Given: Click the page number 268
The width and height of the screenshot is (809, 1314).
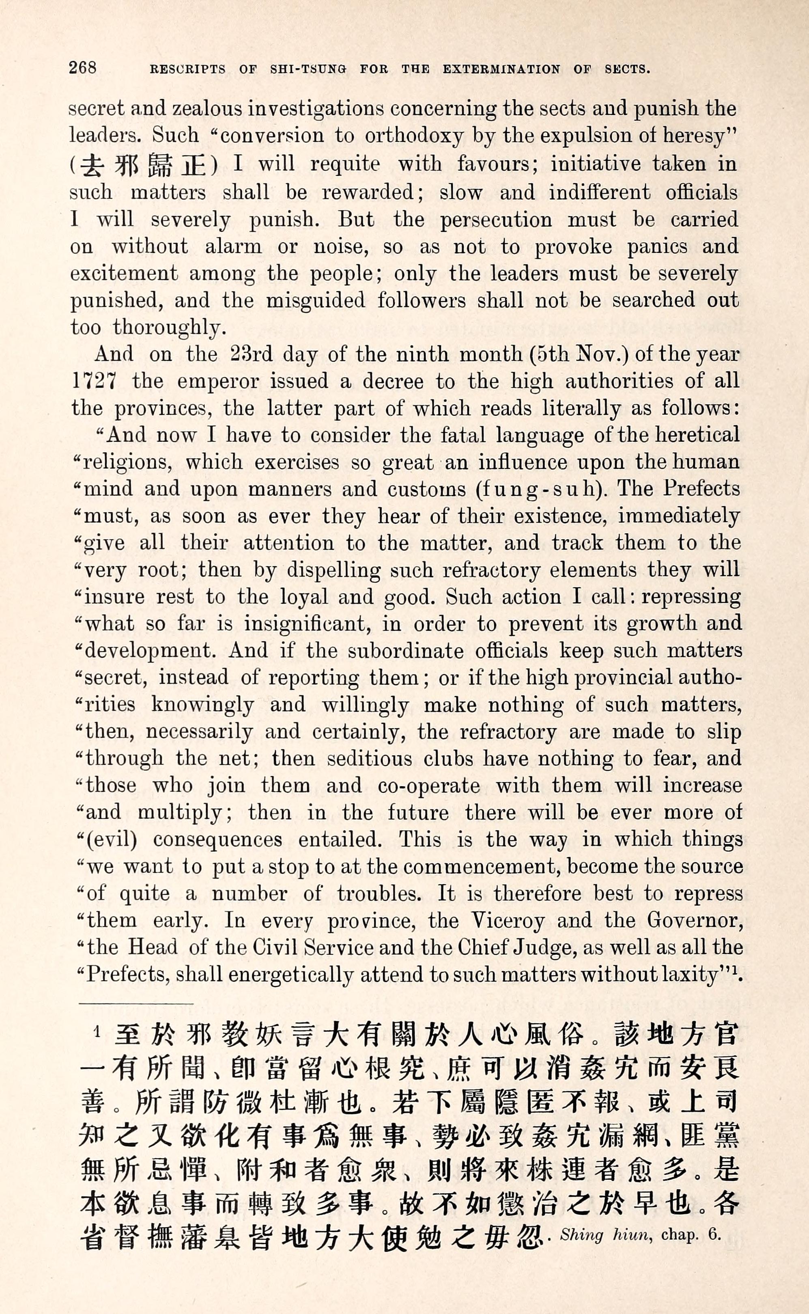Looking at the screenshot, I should (82, 67).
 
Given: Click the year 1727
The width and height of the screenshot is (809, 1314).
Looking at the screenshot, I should (94, 381).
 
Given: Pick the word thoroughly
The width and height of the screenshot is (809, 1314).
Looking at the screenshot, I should (166, 327).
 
